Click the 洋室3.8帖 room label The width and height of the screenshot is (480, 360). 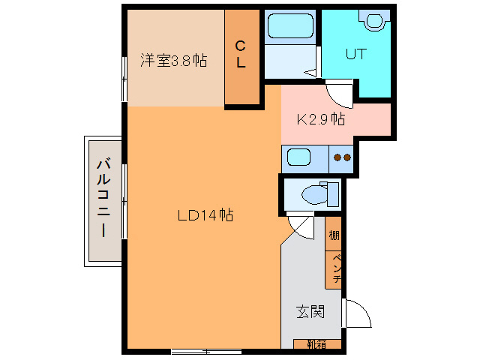(x=173, y=60)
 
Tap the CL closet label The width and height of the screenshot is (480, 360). (x=241, y=54)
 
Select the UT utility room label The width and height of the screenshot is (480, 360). (x=355, y=54)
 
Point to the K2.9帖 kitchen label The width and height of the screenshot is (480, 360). (x=321, y=118)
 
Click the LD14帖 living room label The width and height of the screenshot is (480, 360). (x=205, y=215)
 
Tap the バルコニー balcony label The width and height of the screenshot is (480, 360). (x=103, y=197)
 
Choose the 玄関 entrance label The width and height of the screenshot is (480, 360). (x=310, y=312)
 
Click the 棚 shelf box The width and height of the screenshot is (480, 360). (x=333, y=234)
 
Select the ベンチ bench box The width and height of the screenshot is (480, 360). (x=333, y=270)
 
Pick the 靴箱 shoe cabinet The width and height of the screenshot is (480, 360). (x=317, y=344)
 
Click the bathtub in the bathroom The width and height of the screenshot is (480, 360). (x=290, y=26)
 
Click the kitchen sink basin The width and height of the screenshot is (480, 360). (x=298, y=157)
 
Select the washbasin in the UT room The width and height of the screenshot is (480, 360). (x=375, y=20)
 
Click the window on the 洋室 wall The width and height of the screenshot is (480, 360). (x=124, y=79)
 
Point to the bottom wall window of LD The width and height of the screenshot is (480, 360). (x=206, y=352)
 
